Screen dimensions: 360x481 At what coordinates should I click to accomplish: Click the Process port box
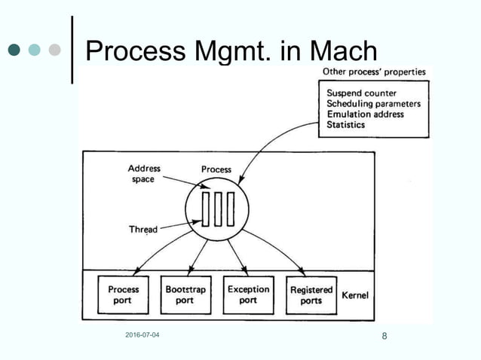click(123, 295)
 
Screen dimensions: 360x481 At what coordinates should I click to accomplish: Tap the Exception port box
click(248, 295)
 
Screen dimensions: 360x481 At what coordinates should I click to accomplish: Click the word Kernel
click(356, 296)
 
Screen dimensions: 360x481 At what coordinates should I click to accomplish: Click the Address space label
click(144, 174)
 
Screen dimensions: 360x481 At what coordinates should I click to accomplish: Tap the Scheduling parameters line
click(373, 105)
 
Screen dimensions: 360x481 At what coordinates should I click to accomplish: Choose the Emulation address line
click(365, 114)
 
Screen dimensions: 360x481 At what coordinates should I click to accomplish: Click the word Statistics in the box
click(346, 124)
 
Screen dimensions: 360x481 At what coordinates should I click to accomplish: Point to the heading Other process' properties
click(374, 72)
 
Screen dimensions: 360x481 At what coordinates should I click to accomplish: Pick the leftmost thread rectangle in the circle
click(205, 209)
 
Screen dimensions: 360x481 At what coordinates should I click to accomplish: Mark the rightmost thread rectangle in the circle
click(230, 209)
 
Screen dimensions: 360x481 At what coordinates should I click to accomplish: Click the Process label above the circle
click(216, 170)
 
